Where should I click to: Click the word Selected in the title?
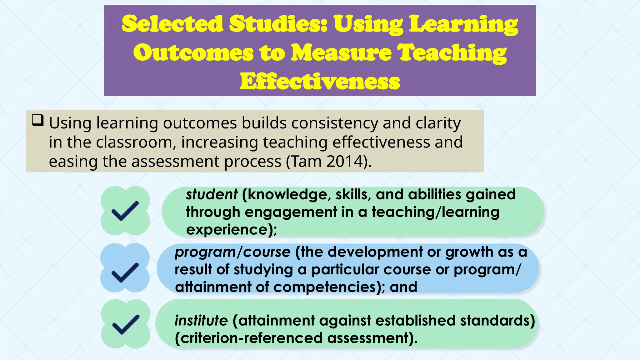click(x=172, y=24)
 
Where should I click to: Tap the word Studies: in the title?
click(x=278, y=24)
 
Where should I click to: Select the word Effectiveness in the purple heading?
click(x=320, y=82)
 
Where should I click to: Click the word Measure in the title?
click(x=341, y=52)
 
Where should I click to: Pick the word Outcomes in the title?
click(x=193, y=52)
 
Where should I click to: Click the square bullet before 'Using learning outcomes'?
click(x=37, y=120)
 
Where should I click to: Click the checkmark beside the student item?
click(x=125, y=211)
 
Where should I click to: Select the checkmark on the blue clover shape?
click(x=125, y=272)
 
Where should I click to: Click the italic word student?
click(x=212, y=194)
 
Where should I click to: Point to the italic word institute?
click(x=201, y=321)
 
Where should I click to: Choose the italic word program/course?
click(x=232, y=252)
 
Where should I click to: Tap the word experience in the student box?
click(x=227, y=230)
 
